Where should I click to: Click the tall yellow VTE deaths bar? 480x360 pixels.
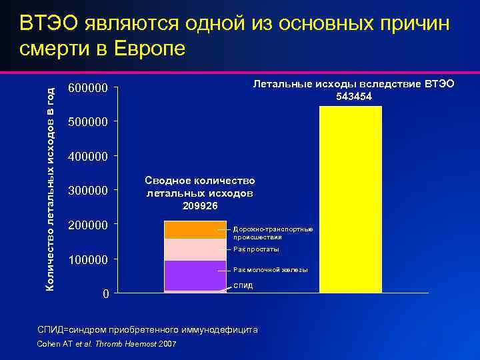(351, 200)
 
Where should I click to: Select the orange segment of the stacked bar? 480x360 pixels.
(195, 229)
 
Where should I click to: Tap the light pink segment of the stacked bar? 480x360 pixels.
(195, 249)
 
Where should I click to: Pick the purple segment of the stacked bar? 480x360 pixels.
(195, 275)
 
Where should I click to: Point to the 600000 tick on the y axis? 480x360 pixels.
(88, 88)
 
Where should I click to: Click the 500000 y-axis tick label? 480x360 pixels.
(88, 122)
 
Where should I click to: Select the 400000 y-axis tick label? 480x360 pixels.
(88, 157)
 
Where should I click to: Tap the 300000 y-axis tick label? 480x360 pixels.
(88, 191)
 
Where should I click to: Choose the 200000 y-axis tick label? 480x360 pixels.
(88, 225)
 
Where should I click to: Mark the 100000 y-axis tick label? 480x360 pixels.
(88, 259)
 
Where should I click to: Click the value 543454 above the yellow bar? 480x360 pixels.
(353, 97)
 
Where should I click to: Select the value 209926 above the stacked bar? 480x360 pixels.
(199, 205)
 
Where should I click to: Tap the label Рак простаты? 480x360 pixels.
(256, 249)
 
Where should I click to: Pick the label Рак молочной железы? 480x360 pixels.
(270, 270)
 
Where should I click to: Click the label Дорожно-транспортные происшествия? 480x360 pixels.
(273, 233)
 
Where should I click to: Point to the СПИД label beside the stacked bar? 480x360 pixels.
(243, 285)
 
